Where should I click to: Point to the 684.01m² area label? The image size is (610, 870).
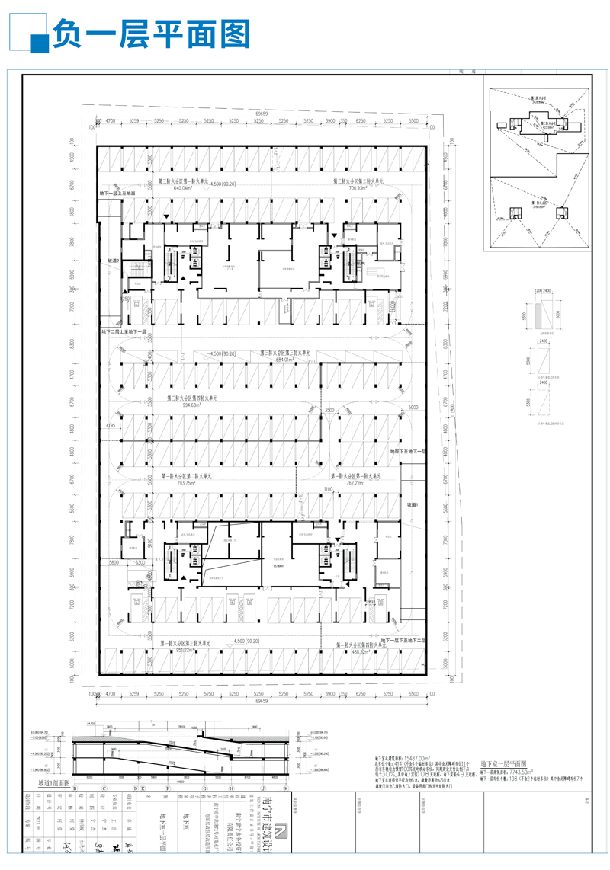[x=278, y=360]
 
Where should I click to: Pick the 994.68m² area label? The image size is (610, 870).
[x=194, y=405]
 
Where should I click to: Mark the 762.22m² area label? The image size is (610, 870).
[x=357, y=482]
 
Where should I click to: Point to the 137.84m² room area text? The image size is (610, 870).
[x=278, y=565]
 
